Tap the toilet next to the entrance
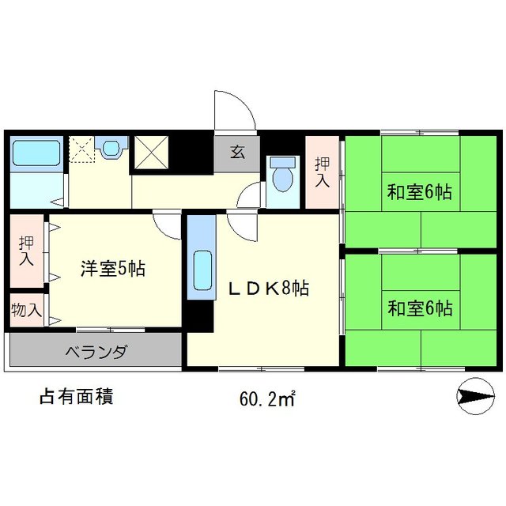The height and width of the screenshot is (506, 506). [281, 175]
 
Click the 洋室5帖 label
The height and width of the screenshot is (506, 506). [111, 269]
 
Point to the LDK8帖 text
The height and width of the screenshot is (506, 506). [268, 289]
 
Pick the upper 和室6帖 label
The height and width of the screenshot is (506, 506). [419, 191]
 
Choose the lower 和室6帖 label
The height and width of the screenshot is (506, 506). [419, 308]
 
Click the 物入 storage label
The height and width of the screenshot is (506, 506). [26, 310]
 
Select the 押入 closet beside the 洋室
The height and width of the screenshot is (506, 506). [26, 249]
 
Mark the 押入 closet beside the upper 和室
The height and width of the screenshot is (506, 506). [322, 172]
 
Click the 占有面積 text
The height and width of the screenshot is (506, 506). [76, 396]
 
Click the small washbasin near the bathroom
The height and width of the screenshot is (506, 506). [111, 148]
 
